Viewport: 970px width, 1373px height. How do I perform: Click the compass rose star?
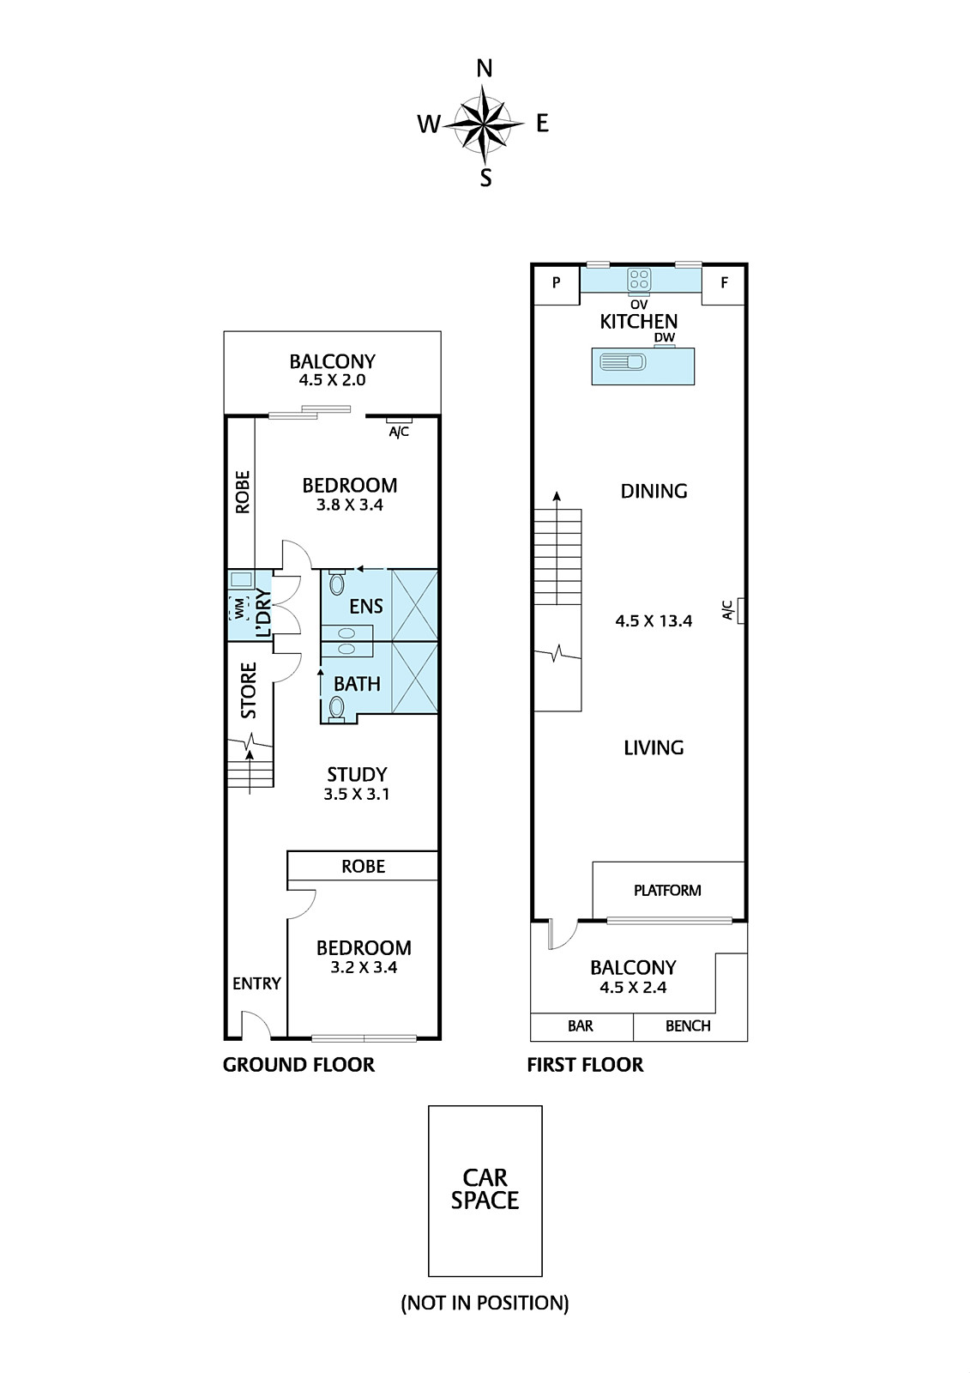pos(484,124)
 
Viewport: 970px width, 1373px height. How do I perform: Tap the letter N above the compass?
pos(485,69)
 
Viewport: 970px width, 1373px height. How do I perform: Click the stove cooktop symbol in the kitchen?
pos(639,280)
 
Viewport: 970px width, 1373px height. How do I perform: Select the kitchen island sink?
pos(623,361)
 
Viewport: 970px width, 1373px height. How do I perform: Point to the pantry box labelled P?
pos(557,284)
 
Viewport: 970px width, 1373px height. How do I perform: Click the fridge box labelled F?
pos(724,284)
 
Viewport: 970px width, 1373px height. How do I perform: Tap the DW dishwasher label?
pos(664,337)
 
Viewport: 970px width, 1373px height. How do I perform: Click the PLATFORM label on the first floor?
pos(667,891)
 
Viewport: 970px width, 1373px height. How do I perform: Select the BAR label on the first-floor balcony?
pos(581,1026)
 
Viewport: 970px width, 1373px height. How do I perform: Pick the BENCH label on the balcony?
pos(688,1026)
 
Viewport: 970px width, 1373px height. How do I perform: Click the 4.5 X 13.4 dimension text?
pos(654,621)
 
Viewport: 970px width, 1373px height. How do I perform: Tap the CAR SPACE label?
pos(485,1189)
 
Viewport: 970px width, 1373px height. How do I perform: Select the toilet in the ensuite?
pos(336,582)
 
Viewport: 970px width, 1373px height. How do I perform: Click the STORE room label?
pos(248,690)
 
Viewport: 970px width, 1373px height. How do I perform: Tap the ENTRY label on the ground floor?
pos(256,983)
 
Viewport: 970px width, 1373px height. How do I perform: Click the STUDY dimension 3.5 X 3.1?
pos(357,795)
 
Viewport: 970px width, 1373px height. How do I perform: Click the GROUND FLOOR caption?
pos(298,1065)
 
